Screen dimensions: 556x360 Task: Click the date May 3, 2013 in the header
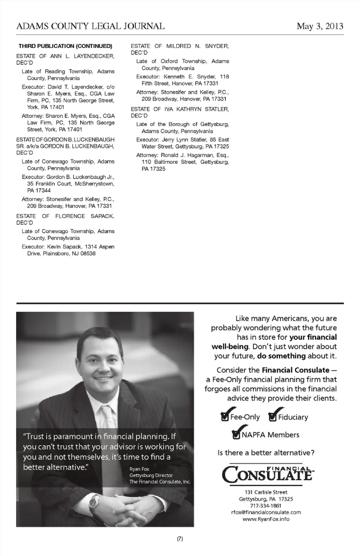click(319, 26)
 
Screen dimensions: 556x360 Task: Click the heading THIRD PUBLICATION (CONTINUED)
click(65, 46)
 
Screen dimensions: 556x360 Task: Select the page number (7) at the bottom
click(180, 539)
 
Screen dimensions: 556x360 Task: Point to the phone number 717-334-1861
click(265, 506)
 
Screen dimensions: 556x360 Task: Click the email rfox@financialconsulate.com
click(266, 513)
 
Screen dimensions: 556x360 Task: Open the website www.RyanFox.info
click(266, 519)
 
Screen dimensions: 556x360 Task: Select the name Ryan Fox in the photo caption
click(139, 469)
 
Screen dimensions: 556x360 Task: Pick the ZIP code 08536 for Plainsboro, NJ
click(88, 253)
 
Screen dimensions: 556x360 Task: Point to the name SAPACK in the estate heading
click(102, 216)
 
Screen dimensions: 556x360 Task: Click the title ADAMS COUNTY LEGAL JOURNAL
click(90, 26)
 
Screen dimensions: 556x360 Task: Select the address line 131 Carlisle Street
click(265, 492)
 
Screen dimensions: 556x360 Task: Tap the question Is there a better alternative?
click(265, 453)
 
